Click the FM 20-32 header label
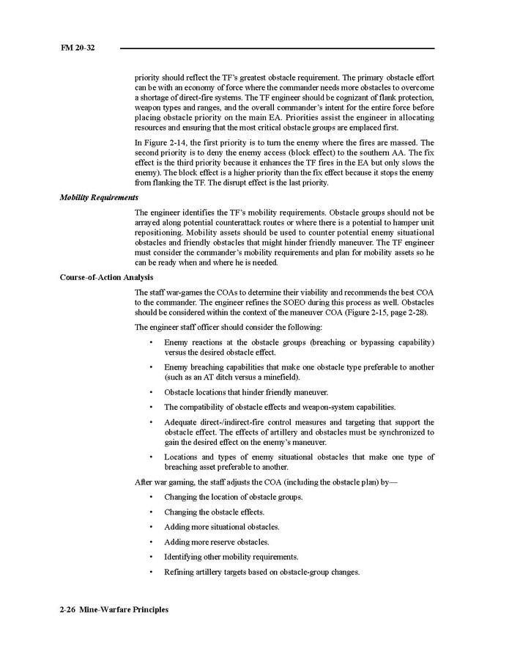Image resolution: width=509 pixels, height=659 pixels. click(78, 48)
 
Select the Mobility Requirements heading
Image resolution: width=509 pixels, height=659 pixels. click(99, 197)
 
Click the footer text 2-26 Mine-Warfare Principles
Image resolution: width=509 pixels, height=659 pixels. click(114, 610)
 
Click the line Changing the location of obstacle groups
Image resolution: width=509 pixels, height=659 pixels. click(233, 497)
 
